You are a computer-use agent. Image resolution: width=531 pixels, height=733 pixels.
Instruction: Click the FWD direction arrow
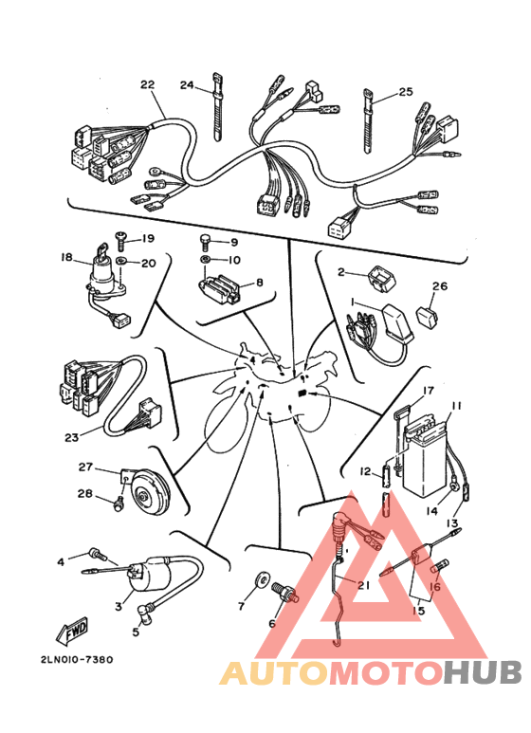(72, 631)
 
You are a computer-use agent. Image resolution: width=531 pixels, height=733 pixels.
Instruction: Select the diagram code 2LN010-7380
(77, 660)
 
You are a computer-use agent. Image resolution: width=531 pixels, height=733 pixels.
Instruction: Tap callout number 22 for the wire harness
(147, 84)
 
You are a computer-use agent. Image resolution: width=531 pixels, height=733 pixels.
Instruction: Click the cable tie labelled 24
(217, 106)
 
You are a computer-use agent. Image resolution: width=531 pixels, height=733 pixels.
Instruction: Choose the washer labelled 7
(263, 580)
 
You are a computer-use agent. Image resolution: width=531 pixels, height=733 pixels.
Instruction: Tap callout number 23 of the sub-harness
(72, 437)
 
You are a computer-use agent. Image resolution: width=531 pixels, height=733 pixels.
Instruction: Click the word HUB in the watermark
(482, 672)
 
